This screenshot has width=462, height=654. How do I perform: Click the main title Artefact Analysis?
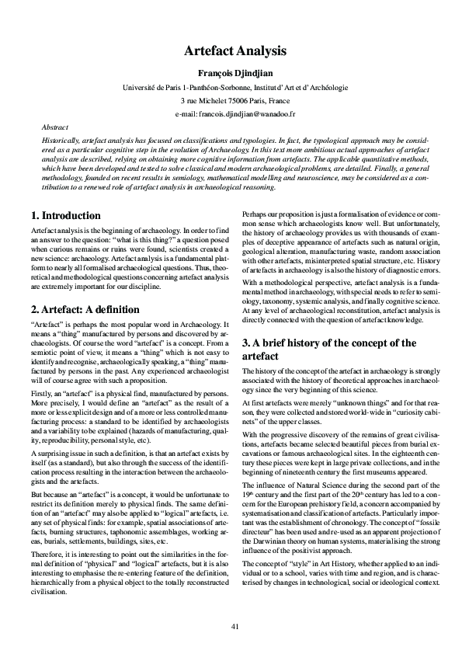pyautogui.click(x=230, y=50)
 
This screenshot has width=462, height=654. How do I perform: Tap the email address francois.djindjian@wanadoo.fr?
pyautogui.click(x=230, y=113)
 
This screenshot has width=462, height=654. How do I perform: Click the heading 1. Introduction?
pyautogui.click(x=64, y=215)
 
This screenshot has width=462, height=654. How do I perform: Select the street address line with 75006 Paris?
pyautogui.click(x=230, y=101)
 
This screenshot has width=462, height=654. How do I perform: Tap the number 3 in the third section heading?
pyautogui.click(x=247, y=343)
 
